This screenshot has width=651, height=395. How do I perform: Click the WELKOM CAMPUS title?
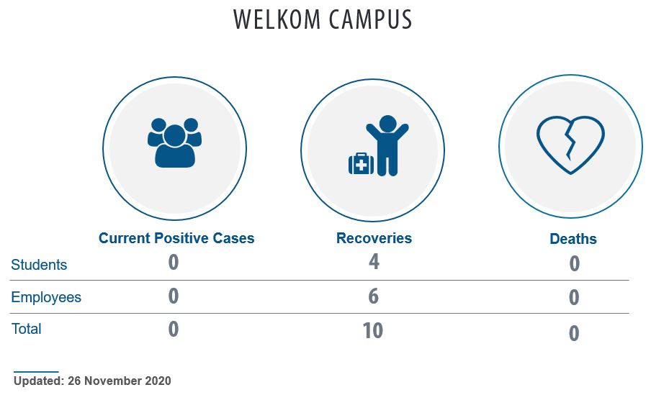point(323,19)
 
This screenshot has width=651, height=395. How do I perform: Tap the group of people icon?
point(174,143)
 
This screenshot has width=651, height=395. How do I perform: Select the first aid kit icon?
point(361,164)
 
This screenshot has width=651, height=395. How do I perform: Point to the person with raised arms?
point(387,145)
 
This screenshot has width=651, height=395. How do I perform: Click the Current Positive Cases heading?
point(176,238)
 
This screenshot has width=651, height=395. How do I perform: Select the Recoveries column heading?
point(374,238)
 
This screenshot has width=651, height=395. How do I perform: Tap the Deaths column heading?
point(573,239)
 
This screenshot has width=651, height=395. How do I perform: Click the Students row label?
point(39,265)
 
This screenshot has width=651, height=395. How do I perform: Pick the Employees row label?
point(46,297)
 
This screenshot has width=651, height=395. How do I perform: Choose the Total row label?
point(26,329)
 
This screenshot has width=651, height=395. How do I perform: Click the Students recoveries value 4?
point(374,262)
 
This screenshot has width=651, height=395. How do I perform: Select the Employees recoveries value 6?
point(373,296)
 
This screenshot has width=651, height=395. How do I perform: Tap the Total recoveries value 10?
point(373,331)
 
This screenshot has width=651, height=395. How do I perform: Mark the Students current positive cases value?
point(174,262)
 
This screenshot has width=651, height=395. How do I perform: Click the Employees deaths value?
point(574,297)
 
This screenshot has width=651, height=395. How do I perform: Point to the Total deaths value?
point(574,333)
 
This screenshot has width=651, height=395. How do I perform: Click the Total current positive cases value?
point(174,329)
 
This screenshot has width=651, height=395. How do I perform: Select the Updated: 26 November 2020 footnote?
point(92,381)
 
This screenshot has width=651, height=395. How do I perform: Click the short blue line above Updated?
point(36,372)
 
